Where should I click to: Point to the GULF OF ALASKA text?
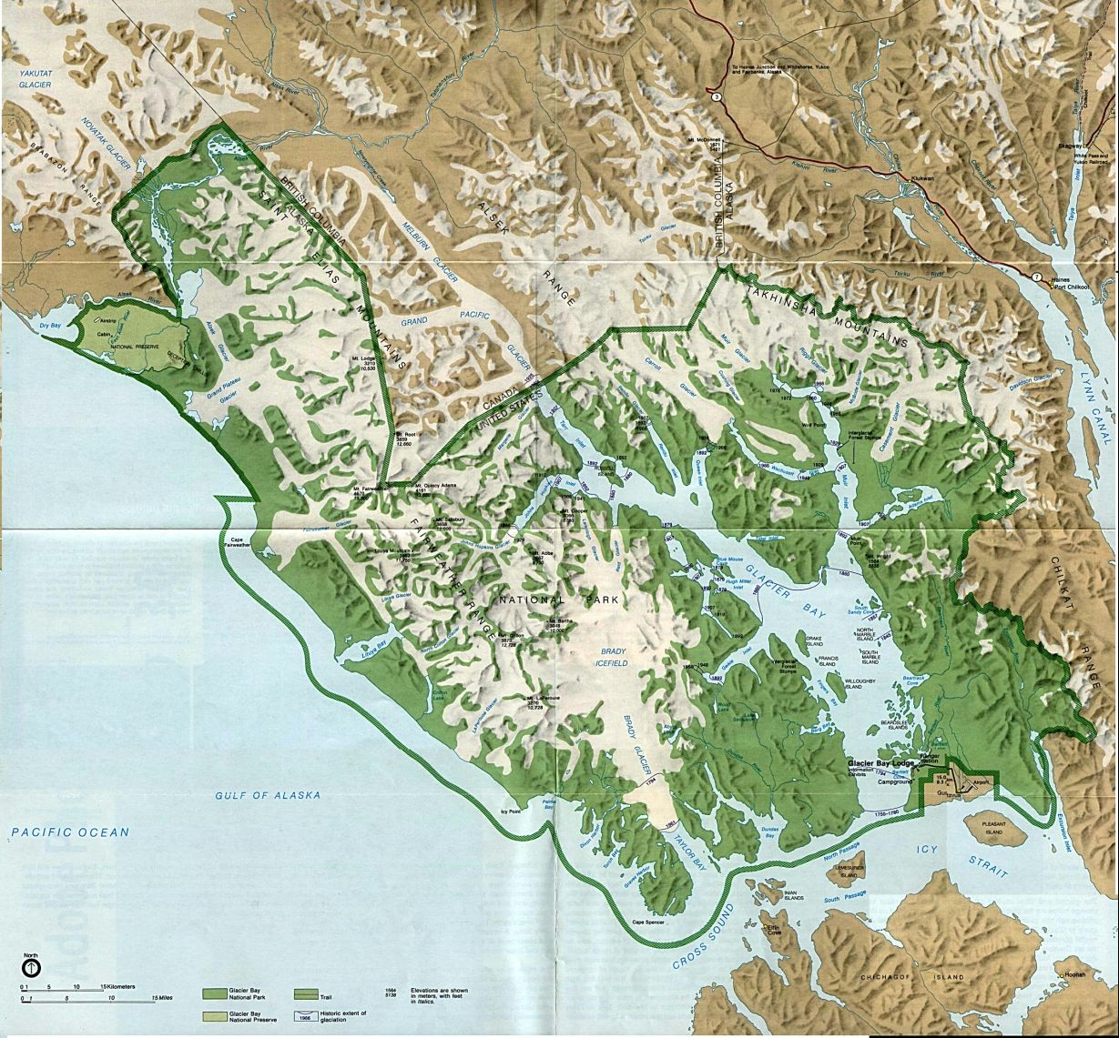coord(268,795)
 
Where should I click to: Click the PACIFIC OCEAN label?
coord(70,831)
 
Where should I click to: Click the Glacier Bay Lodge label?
coord(880,762)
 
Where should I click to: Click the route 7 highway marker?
coord(1035,276)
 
